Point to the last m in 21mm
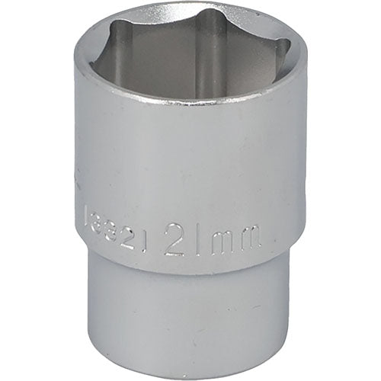[251, 242]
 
